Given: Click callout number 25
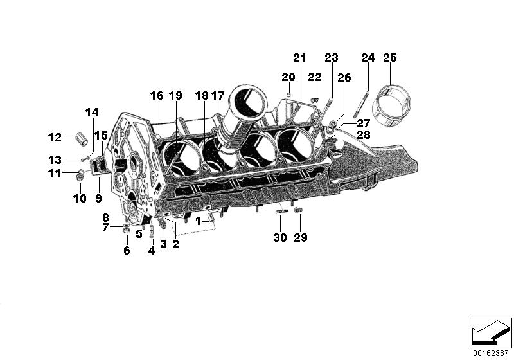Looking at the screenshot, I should click(390, 59).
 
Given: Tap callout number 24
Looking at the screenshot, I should click(368, 59).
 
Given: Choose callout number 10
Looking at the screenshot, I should click(79, 199).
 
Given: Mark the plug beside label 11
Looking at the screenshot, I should click(80, 174).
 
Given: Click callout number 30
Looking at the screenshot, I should click(280, 237).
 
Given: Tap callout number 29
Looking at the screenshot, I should click(301, 237).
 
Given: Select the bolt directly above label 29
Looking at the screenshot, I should click(297, 210).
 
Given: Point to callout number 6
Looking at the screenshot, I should click(127, 251).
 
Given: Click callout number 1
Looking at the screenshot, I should click(199, 221).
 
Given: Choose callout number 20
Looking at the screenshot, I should click(288, 77).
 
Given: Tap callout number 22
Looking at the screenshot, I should click(314, 77).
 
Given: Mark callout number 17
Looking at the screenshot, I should click(218, 96).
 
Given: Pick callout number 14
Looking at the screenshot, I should click(93, 113).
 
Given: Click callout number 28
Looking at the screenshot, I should click(364, 134).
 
